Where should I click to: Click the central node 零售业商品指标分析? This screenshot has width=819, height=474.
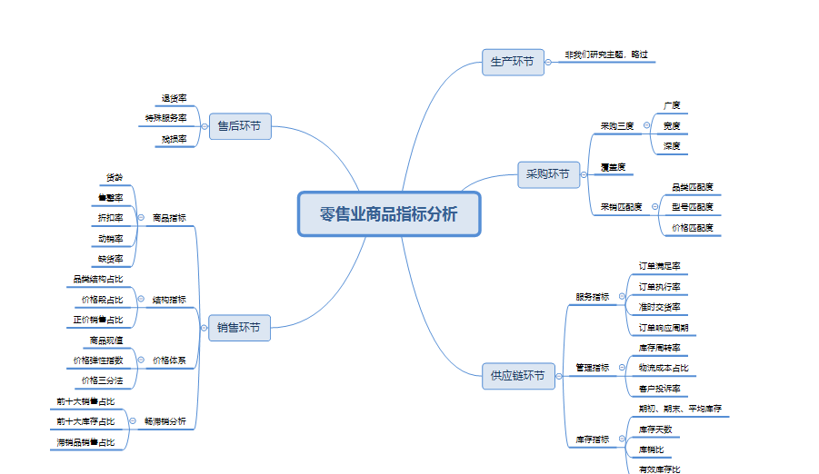389,214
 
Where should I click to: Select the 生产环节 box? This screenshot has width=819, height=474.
513,62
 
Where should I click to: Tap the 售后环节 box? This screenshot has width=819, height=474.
240,126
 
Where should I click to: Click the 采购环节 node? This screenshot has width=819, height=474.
549,174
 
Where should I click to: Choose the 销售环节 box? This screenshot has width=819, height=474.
239,327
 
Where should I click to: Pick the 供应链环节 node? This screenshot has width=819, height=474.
518,375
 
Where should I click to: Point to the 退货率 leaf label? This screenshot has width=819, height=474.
174,98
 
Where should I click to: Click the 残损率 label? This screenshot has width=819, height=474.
174,139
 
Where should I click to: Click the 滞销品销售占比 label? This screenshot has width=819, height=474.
86,442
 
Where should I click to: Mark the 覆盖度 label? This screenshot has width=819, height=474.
612,167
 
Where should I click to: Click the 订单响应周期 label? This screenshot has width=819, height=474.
663,327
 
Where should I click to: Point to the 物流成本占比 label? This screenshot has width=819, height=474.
664,368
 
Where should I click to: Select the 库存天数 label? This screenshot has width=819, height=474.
655,429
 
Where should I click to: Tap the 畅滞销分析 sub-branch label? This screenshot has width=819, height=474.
165,421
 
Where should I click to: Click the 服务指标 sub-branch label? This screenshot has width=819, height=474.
593,296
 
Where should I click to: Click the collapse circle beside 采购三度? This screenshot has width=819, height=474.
646,125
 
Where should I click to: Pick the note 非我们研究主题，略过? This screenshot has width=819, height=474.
606,54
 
